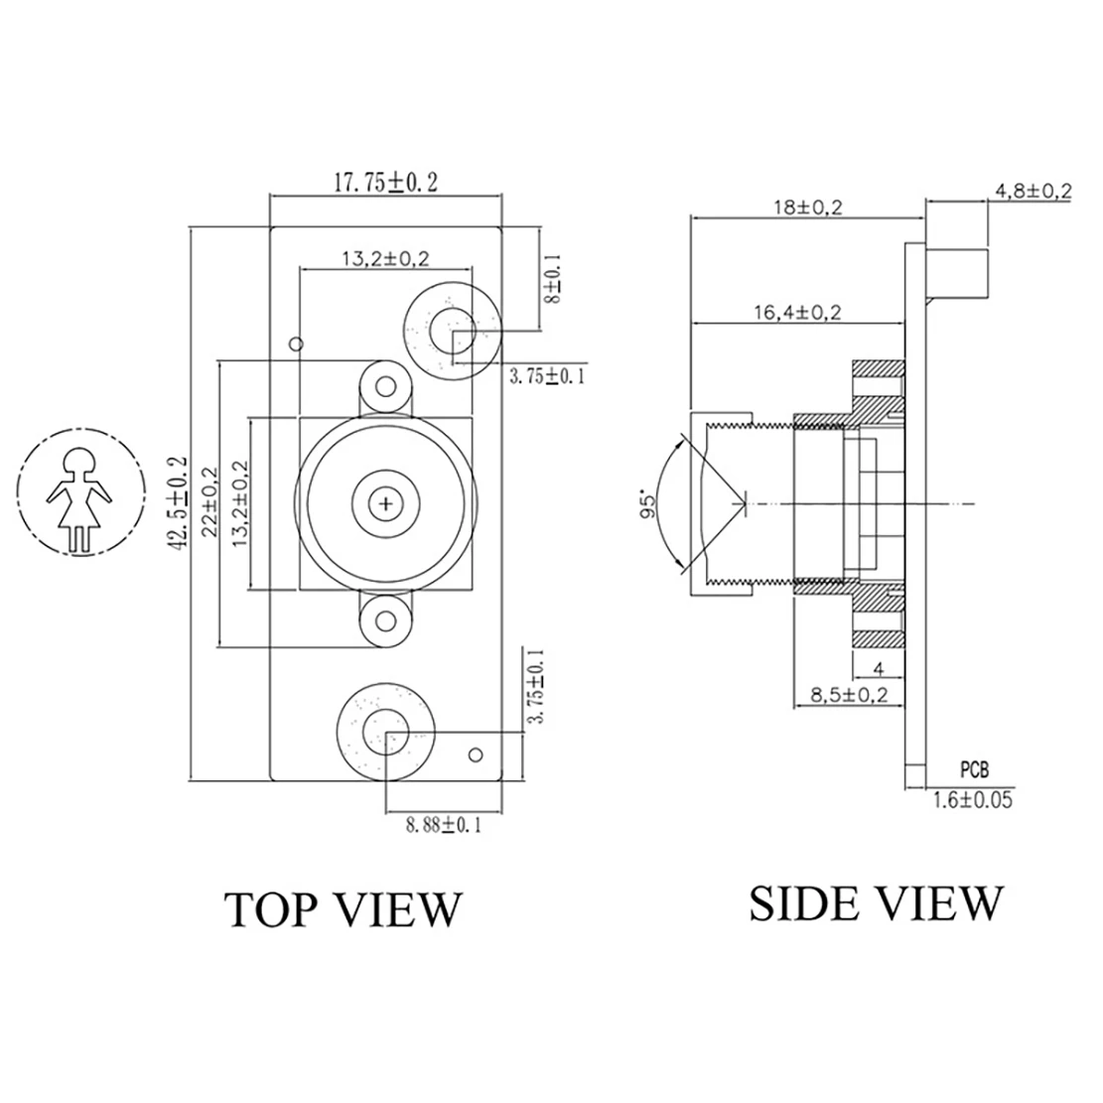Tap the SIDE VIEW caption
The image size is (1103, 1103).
pyautogui.click(x=875, y=902)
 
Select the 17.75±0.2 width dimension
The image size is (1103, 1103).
pyautogui.click(x=385, y=183)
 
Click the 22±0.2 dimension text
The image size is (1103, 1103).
pyautogui.click(x=208, y=502)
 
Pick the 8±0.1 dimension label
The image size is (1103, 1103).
pyautogui.click(x=554, y=279)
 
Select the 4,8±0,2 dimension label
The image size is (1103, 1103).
pyautogui.click(x=1033, y=191)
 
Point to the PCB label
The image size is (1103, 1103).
pyautogui.click(x=974, y=768)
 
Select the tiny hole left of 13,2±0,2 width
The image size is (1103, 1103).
pyautogui.click(x=294, y=345)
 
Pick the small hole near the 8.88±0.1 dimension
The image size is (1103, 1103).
pyautogui.click(x=478, y=756)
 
